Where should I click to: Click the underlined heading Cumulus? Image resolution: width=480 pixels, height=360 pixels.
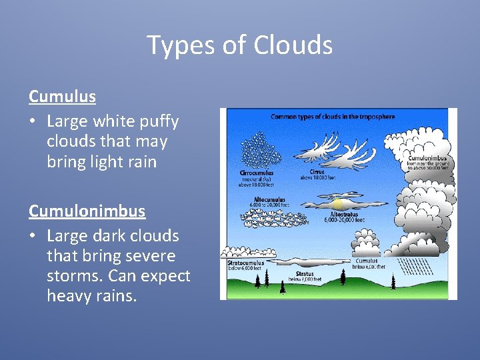pos(62,97)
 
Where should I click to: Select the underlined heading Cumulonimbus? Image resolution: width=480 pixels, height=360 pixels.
pos(87,211)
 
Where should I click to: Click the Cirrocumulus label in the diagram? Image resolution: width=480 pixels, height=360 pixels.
pos(256,173)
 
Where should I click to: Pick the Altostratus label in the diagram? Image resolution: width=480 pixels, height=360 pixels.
pos(341,215)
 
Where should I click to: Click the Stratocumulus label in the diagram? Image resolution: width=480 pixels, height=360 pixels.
pos(246,263)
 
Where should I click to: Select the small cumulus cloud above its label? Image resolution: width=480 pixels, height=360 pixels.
pos(366,243)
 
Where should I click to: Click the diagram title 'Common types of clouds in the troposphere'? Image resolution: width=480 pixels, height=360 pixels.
pos(332,117)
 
